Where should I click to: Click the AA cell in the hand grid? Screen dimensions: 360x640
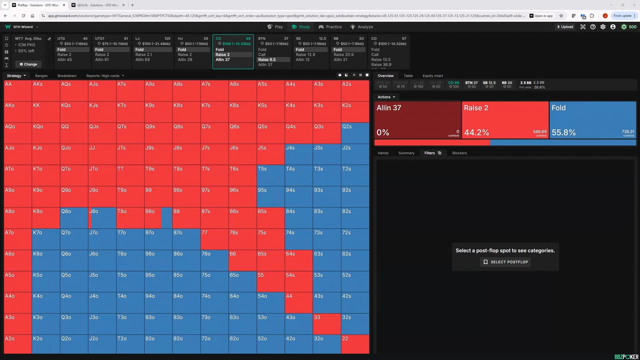pos(18,90)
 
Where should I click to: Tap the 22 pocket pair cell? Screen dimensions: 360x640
pos(355,344)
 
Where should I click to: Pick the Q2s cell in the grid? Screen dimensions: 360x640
pos(355,133)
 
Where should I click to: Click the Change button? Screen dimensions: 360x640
pos(28,64)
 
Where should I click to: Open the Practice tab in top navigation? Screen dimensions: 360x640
pos(330,27)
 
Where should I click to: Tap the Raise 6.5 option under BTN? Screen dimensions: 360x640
pos(267,60)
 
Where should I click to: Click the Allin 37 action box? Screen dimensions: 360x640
pos(417,120)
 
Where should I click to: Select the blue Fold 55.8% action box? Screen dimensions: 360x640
pos(593,120)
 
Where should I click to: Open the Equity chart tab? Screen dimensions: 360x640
pos(433,76)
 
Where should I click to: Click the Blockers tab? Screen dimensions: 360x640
pos(459,153)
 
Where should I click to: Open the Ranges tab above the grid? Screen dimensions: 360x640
pos(41,76)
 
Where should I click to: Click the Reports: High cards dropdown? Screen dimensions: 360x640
pos(105,76)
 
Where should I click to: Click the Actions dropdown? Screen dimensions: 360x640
pos(386,97)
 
